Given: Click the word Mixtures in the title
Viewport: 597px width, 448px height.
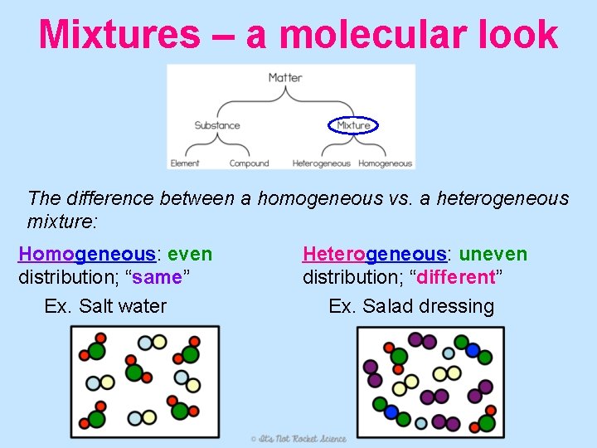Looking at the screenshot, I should (x=119, y=35).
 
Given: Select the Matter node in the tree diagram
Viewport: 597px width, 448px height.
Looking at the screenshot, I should (x=285, y=78).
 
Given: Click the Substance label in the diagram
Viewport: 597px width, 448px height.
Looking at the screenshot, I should (x=217, y=126).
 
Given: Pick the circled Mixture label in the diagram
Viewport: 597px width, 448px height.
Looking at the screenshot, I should (x=354, y=126).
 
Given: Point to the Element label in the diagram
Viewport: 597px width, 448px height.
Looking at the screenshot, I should (x=185, y=163).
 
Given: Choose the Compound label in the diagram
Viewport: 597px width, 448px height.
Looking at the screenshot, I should (x=250, y=163).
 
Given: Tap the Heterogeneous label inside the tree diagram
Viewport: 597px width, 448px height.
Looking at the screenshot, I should (x=322, y=163).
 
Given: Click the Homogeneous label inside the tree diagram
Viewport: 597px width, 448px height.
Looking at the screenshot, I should (x=386, y=163).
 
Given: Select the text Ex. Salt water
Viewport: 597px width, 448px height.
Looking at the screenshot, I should (x=105, y=306).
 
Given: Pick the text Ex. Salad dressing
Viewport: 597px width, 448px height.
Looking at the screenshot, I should (x=411, y=306).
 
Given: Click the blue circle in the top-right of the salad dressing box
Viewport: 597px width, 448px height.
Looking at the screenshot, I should (x=473, y=350).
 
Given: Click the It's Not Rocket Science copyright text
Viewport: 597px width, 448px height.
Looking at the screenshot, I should (x=298, y=437).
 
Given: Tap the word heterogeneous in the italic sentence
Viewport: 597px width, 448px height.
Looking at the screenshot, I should (x=503, y=199).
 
